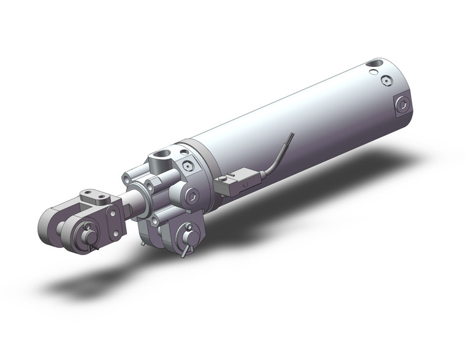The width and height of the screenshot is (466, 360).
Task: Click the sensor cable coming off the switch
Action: tap(280, 157)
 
